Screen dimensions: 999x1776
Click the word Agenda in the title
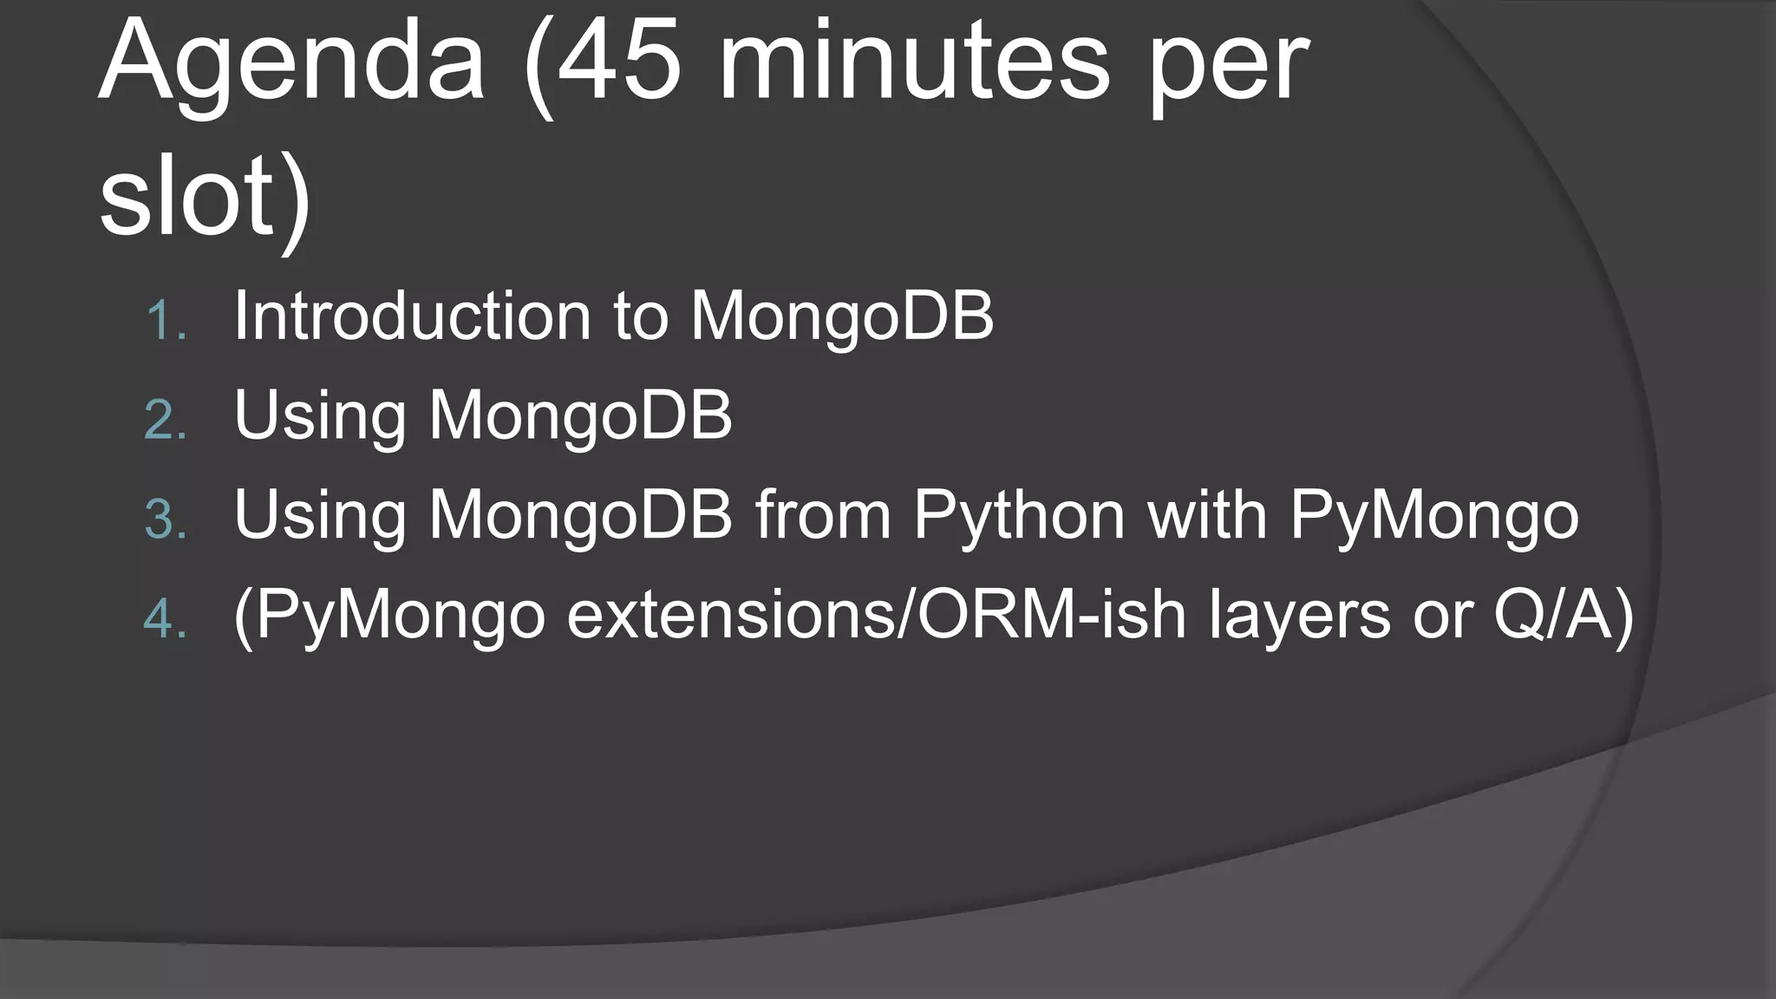click(291, 65)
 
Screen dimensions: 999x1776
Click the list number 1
click(165, 322)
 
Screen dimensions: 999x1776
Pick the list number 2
click(165, 421)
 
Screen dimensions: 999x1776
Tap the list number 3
click(165, 521)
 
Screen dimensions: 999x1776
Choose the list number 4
click(165, 621)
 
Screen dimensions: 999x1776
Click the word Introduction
click(412, 316)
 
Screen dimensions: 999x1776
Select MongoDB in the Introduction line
click(842, 316)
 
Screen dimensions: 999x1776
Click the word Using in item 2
click(320, 417)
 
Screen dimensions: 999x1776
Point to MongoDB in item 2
click(581, 415)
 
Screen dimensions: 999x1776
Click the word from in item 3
click(823, 515)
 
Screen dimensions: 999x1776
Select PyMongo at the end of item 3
click(1434, 517)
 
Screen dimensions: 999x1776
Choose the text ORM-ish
click(1051, 615)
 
